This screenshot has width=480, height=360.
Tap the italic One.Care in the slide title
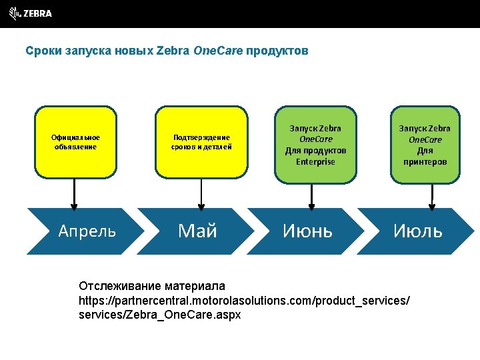click(218, 51)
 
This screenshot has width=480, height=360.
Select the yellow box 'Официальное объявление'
click(75, 142)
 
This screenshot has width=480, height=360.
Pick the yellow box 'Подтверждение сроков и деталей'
click(201, 142)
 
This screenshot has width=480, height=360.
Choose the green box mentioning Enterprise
click(315, 145)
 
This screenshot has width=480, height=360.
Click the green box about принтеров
click(425, 145)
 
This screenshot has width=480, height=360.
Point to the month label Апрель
click(87, 231)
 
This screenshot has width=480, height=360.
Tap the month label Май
click(198, 231)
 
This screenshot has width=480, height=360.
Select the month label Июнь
click(307, 231)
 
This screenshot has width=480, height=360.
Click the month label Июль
click(417, 231)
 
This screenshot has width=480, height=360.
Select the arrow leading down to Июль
click(432, 195)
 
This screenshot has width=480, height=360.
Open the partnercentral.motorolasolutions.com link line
click(244, 300)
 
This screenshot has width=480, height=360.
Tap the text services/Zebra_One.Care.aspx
click(159, 314)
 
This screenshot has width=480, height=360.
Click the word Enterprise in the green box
click(315, 162)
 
